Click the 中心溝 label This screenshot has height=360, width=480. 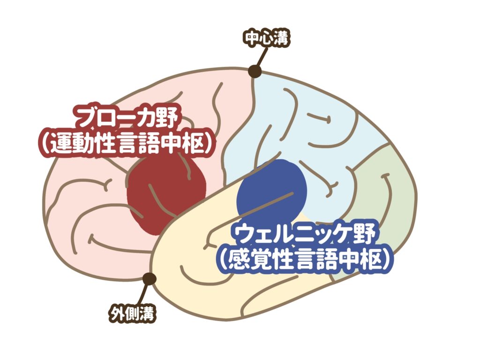(x=267, y=38)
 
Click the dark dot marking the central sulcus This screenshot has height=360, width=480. (x=255, y=71)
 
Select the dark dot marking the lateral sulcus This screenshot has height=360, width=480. (x=150, y=278)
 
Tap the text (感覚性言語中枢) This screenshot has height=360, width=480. (x=305, y=260)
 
